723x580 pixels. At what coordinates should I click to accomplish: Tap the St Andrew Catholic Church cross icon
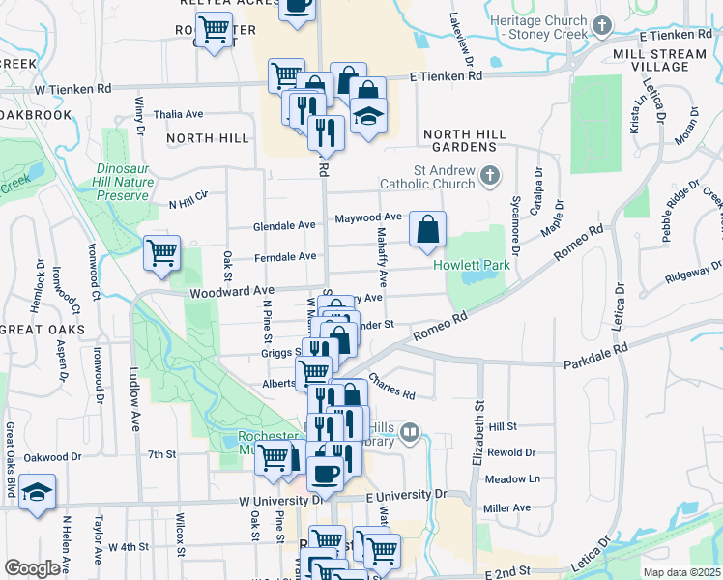point(491,175)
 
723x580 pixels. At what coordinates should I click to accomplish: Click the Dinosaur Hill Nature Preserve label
point(123,181)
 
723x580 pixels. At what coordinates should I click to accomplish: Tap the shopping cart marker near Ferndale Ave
point(161,252)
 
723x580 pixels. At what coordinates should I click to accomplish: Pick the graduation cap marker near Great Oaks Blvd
point(37,490)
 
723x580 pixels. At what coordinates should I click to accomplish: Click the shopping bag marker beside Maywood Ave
point(427,229)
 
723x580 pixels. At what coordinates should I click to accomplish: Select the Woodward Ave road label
point(232,290)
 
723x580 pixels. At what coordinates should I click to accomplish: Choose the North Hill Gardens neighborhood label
point(460,140)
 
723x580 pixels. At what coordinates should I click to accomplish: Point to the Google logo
point(32,568)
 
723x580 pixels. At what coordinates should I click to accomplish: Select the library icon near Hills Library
point(411,433)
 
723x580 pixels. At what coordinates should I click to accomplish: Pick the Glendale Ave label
point(284,225)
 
